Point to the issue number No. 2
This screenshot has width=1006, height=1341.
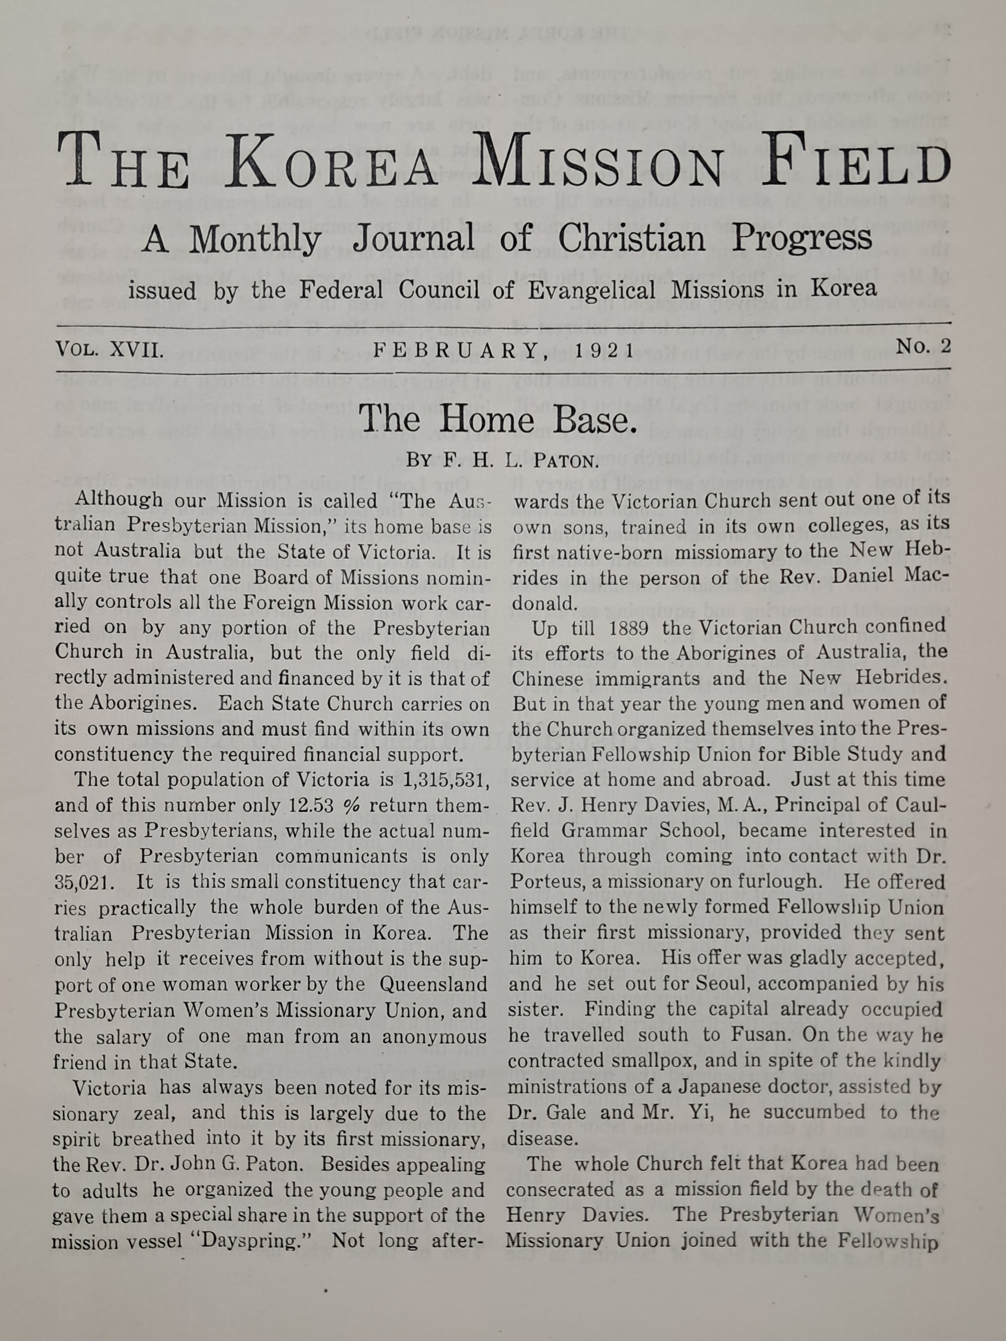coord(923,347)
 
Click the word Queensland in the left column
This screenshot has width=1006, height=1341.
coord(434,984)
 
